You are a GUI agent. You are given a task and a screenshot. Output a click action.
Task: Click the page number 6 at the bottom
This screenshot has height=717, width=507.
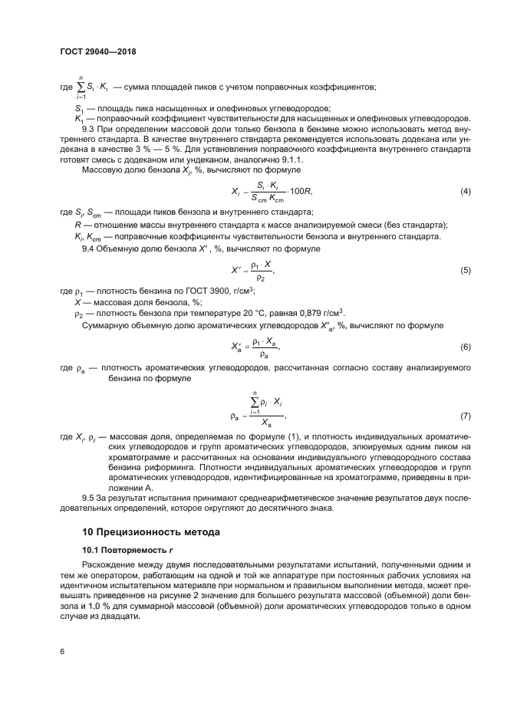point(62,652)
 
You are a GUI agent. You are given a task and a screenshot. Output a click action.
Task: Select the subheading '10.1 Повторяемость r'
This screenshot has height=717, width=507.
point(123,550)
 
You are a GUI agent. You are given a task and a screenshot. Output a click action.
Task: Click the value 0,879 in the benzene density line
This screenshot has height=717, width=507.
point(300,314)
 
